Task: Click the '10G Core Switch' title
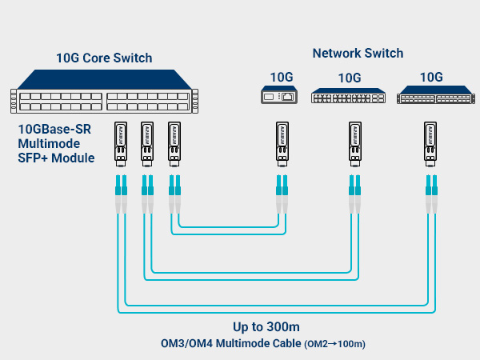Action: coord(104,58)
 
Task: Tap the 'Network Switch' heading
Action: coord(358,53)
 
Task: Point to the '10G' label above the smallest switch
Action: coord(281,78)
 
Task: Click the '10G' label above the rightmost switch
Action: coord(431,78)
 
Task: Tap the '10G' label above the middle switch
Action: coord(350,78)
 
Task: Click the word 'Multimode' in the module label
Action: coord(46,143)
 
